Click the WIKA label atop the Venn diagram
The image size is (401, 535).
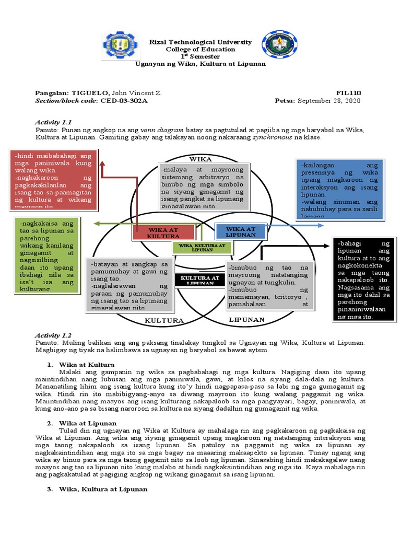point(200,158)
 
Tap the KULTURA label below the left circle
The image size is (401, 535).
point(164,320)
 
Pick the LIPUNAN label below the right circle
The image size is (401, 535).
point(246,319)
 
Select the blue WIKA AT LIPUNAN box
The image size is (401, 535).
point(241,231)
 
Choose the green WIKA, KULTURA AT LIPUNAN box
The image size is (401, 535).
point(202,247)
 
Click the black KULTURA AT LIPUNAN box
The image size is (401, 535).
point(199,281)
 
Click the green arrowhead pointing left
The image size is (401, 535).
point(97,224)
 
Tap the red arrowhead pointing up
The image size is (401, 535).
point(103,164)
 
